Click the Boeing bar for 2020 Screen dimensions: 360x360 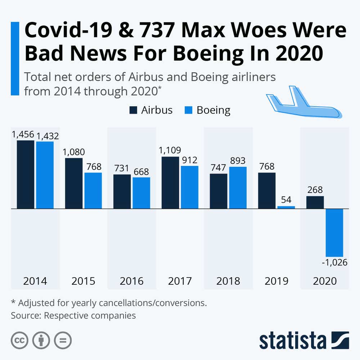pyautogui.click(x=334, y=233)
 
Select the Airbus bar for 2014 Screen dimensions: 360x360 pyautogui.click(x=26, y=175)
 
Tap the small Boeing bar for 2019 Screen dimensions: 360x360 pyautogui.click(x=286, y=207)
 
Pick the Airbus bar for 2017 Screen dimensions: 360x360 pyautogui.click(x=170, y=183)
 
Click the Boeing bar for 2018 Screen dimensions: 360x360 pyautogui.click(x=238, y=188)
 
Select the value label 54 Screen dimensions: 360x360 pyautogui.click(x=286, y=199)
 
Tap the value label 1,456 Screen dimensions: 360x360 pyautogui.click(x=23, y=135)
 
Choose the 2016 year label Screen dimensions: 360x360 pyautogui.click(x=132, y=281)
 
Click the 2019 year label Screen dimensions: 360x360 pyautogui.click(x=276, y=281)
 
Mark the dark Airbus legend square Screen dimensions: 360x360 pyautogui.click(x=133, y=110)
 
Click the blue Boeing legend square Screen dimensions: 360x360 pyautogui.click(x=189, y=110)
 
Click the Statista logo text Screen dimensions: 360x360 pyautogui.click(x=292, y=340)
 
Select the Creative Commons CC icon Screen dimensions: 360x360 pyautogui.click(x=20, y=340)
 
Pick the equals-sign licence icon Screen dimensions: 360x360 pyautogui.click(x=63, y=340)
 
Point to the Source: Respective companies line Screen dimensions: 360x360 pyautogui.click(x=73, y=316)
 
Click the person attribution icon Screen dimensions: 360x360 pyautogui.click(x=41, y=340)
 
